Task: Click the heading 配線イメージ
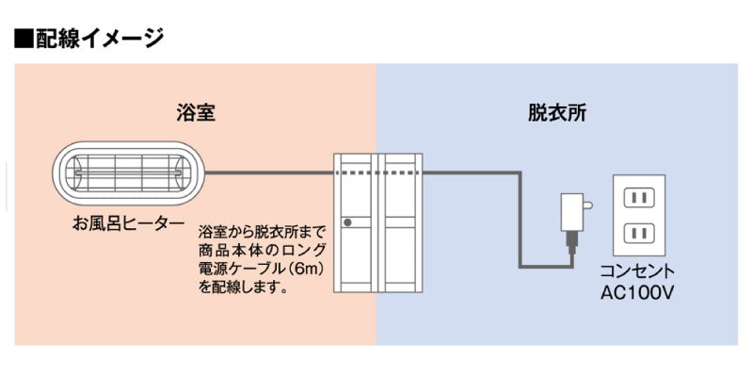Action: pos(100,39)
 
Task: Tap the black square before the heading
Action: pos(24,39)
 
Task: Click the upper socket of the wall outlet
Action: pos(640,197)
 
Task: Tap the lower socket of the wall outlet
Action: pos(640,232)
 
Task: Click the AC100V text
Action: pos(640,291)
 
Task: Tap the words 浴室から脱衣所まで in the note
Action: pos(263,231)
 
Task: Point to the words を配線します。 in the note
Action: pos(243,287)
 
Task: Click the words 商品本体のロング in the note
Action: pos(263,250)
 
